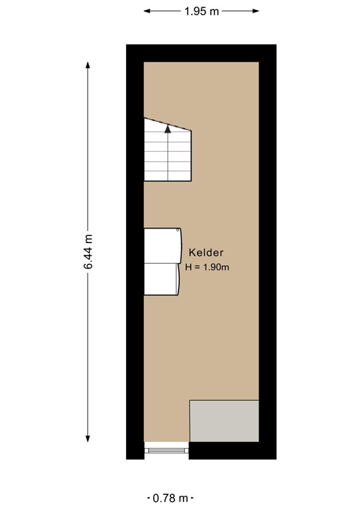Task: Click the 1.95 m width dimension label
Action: point(201,11)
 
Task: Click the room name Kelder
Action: point(206,253)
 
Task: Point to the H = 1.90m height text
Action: point(208,267)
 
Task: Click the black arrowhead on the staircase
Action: point(168,129)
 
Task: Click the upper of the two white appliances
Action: point(162,245)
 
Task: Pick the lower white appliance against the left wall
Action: point(161,278)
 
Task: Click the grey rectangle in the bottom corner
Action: point(224,421)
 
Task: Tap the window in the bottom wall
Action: point(167,451)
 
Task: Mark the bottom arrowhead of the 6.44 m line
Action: point(88,439)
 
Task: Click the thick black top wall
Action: point(201,53)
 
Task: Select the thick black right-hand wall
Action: point(267,252)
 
